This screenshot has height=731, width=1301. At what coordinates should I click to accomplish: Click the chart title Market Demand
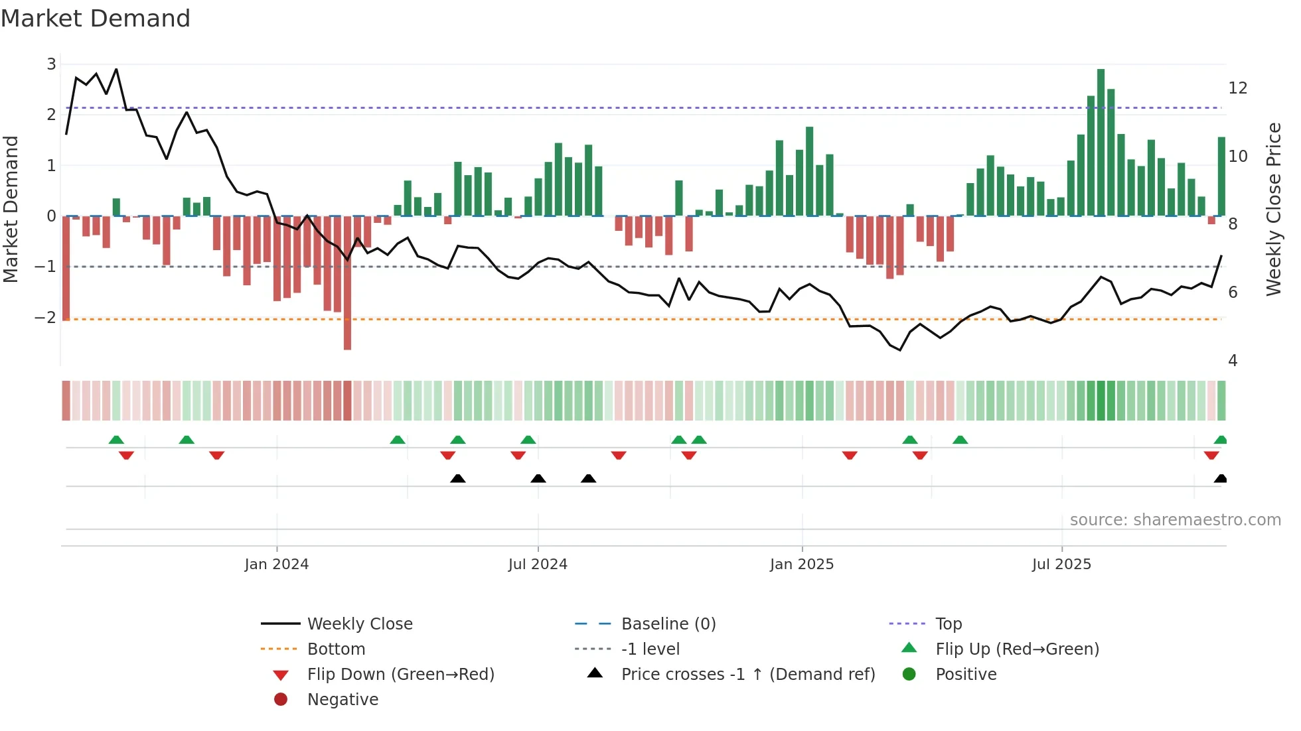(x=96, y=19)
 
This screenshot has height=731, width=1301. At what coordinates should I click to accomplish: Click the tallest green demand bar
(x=1101, y=143)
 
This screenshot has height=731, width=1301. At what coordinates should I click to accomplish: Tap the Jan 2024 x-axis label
(x=276, y=565)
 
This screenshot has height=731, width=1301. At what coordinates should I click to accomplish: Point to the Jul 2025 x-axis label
(x=1061, y=565)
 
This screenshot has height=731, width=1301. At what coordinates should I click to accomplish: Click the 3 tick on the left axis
(x=51, y=64)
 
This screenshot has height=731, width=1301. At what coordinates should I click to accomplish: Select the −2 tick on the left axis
(x=46, y=318)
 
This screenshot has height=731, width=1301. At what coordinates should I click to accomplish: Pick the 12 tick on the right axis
(x=1237, y=88)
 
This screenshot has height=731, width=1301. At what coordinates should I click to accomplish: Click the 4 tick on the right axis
(x=1233, y=361)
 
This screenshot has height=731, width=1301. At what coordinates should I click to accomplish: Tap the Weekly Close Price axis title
(x=1273, y=209)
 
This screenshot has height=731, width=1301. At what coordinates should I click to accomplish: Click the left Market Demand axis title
(x=11, y=209)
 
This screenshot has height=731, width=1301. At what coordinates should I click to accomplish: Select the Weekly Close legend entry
(x=359, y=624)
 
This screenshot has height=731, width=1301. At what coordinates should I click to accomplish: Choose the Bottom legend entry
(x=336, y=649)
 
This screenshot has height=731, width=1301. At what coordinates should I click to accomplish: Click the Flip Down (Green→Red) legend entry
(x=400, y=675)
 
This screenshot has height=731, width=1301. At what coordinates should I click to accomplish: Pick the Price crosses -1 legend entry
(x=747, y=675)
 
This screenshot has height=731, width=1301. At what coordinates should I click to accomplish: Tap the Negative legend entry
(x=343, y=700)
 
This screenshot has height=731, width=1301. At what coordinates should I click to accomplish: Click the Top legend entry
(x=948, y=624)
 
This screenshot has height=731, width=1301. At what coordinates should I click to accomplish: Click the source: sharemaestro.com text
(x=1175, y=520)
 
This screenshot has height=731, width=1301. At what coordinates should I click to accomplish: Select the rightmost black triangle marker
(x=1220, y=479)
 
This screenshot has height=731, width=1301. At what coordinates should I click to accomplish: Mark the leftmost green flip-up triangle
(x=116, y=440)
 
